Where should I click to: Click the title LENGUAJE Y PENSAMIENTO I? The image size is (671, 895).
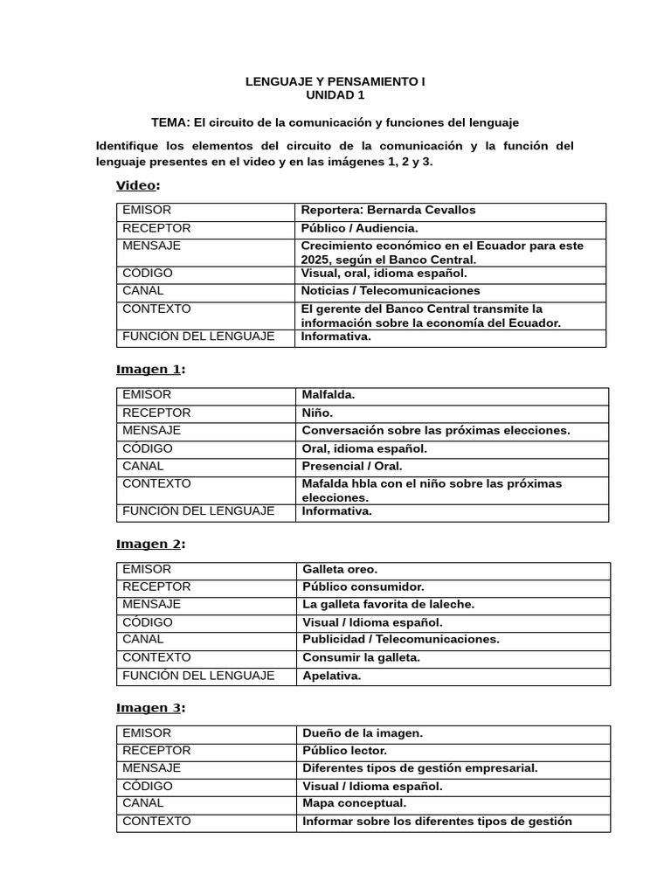(335, 81)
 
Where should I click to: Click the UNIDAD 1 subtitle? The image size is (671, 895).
(335, 94)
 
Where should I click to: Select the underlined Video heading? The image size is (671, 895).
(137, 185)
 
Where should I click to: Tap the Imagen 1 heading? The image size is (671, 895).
(149, 369)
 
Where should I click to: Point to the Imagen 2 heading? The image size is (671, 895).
(149, 544)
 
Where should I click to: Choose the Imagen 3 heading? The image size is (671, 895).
(149, 707)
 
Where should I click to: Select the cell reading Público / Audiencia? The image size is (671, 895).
(353, 229)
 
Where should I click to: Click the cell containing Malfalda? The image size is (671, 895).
(329, 395)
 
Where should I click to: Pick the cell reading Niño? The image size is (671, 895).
(317, 413)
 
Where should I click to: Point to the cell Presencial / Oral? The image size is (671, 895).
(352, 467)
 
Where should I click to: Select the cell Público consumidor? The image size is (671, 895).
(363, 587)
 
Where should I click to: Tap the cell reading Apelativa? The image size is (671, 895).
(331, 676)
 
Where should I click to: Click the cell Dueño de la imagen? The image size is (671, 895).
(362, 733)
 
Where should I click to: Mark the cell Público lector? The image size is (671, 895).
(344, 751)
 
